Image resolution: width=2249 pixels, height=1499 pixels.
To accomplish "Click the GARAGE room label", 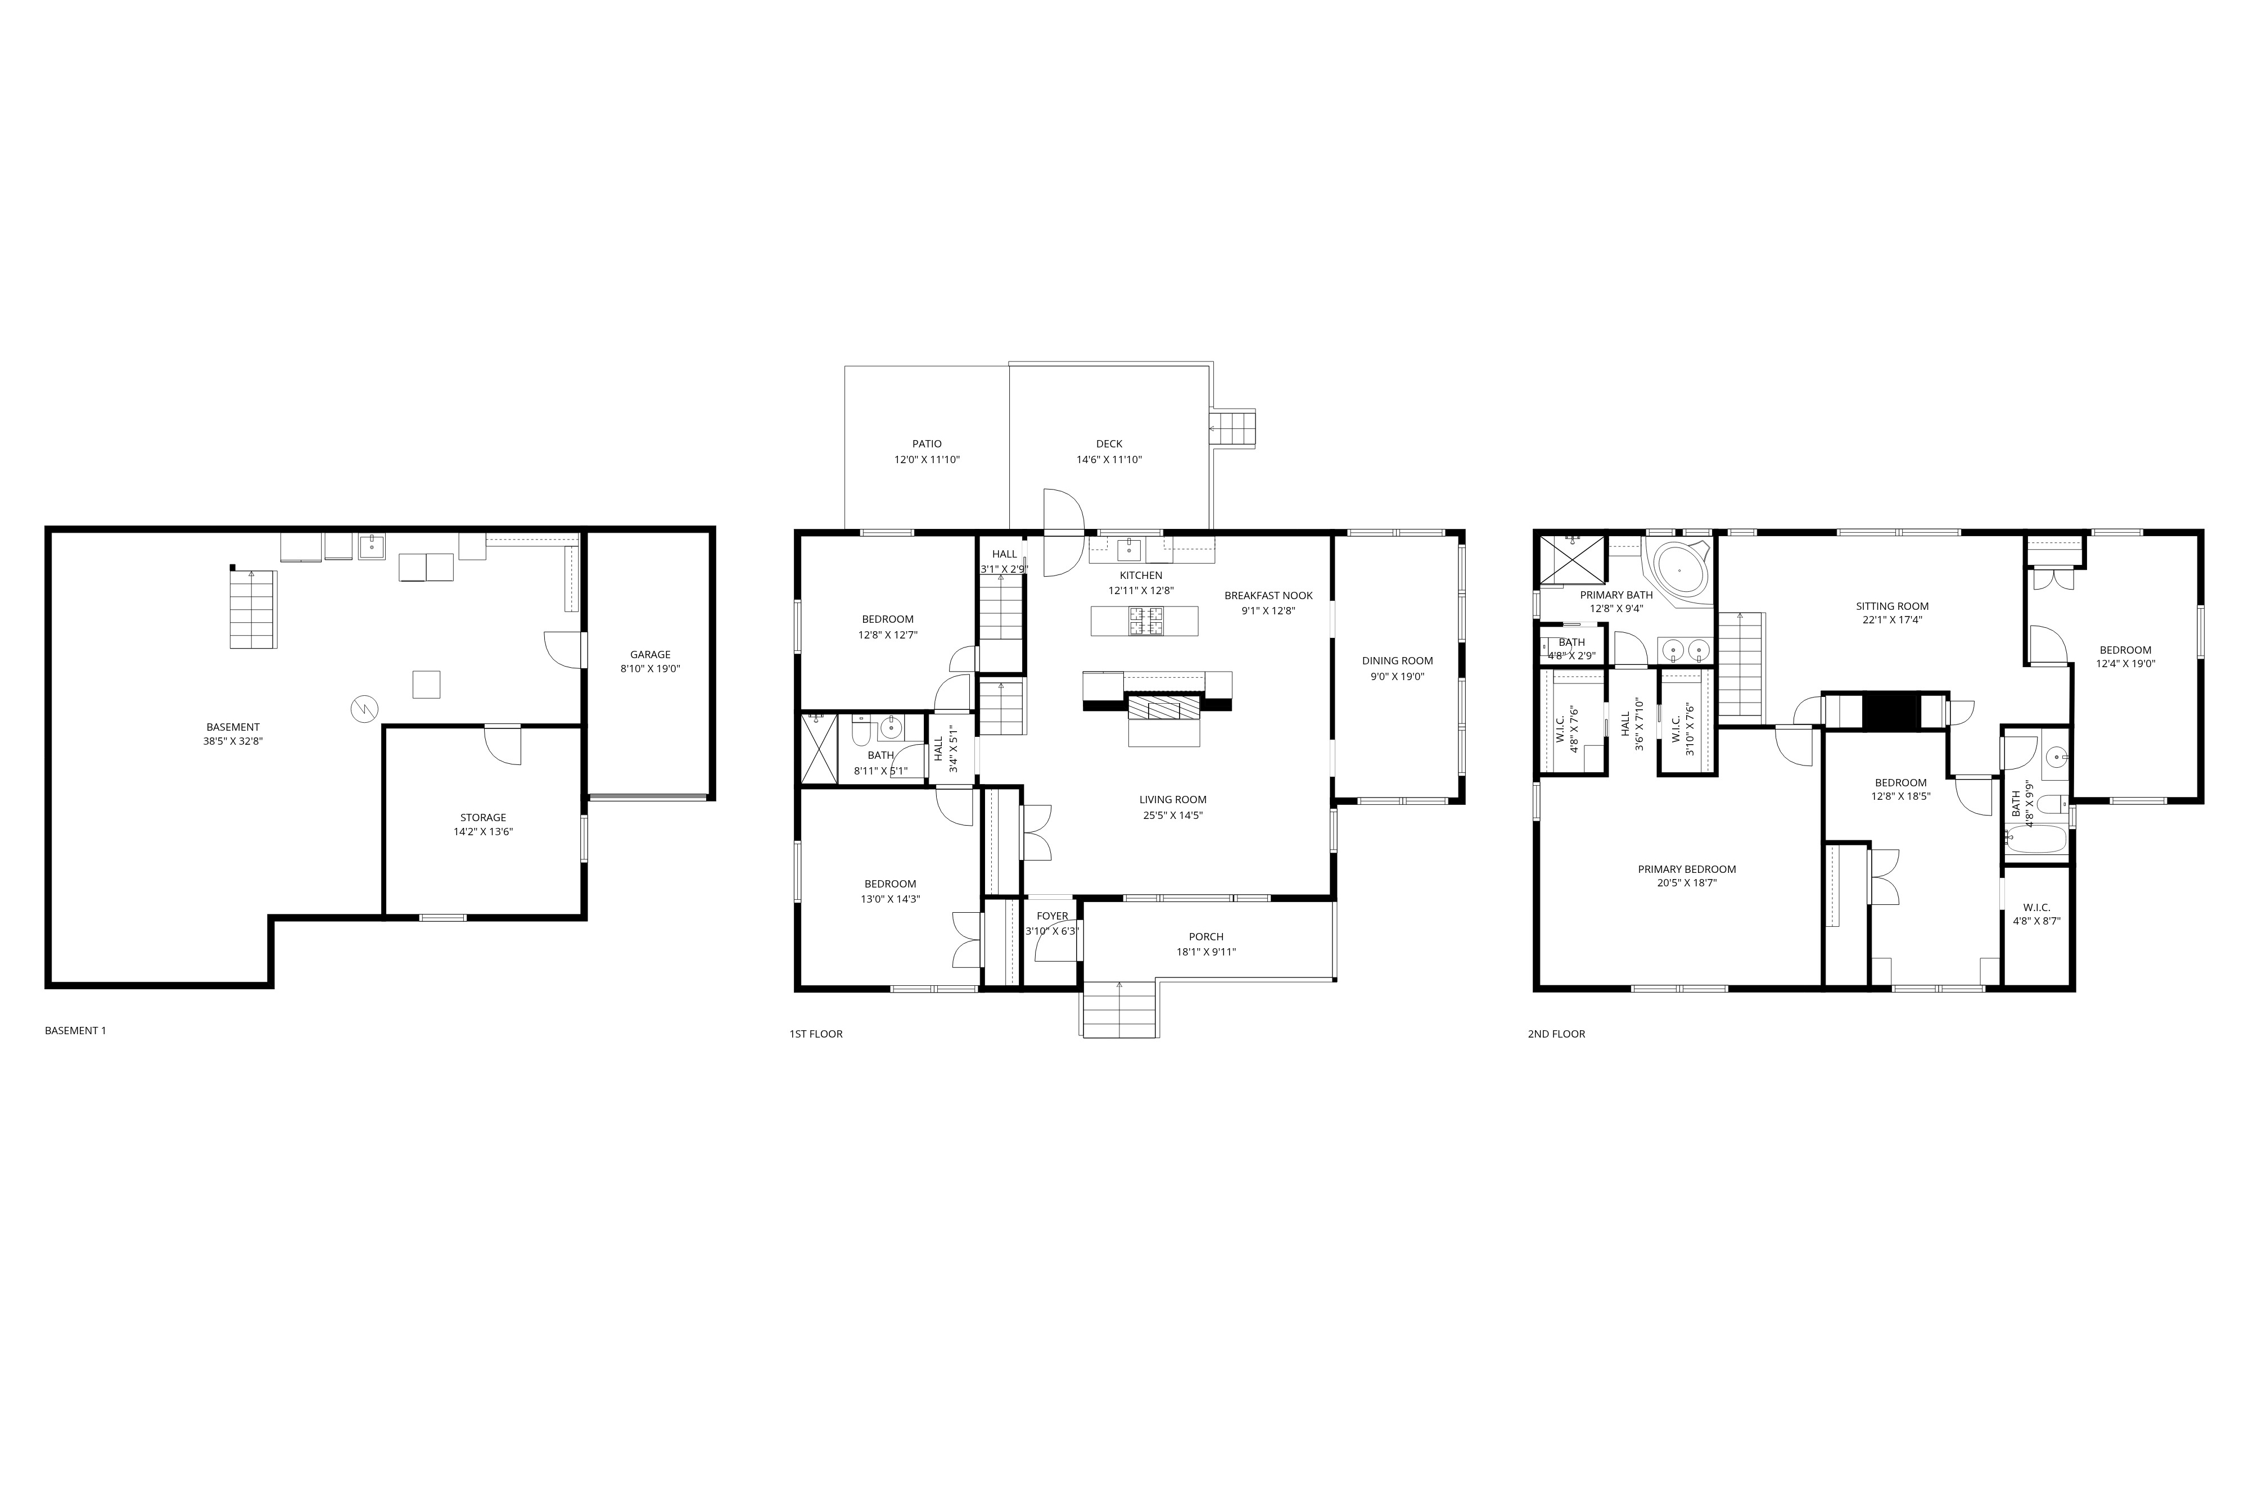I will (x=649, y=655).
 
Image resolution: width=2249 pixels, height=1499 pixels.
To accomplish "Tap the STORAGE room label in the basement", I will (x=483, y=817).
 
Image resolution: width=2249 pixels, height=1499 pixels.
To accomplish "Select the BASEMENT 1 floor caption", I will (x=75, y=1031).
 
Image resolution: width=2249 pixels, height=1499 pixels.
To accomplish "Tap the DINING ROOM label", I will (x=1397, y=660).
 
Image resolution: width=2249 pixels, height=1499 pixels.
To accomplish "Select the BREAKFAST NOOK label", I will (x=1268, y=596).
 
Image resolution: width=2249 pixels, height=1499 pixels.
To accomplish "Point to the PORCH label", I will (x=1206, y=937).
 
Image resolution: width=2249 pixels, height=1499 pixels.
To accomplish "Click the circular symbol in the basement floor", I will (x=364, y=708).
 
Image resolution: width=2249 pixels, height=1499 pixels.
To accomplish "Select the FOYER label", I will (x=1052, y=916).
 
